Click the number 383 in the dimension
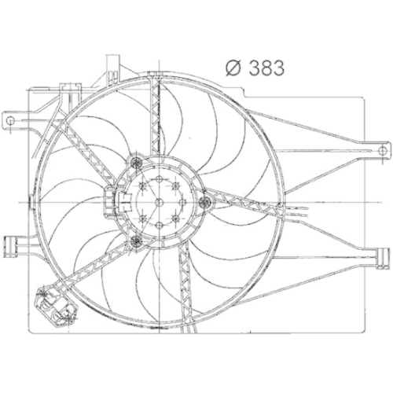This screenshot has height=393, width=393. (x=266, y=68)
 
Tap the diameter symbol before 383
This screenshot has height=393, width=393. (x=233, y=68)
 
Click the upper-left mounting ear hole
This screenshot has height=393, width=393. (x=11, y=120)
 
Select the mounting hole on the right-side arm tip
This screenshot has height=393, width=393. (x=382, y=150)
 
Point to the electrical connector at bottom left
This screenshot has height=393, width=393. (x=57, y=306)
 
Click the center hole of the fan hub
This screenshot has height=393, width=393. (x=159, y=203)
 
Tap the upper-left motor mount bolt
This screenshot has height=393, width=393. (x=136, y=163)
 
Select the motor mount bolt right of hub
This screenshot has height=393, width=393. (x=205, y=203)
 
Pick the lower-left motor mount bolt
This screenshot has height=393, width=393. (x=136, y=241)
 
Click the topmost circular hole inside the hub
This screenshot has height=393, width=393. (x=159, y=180)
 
